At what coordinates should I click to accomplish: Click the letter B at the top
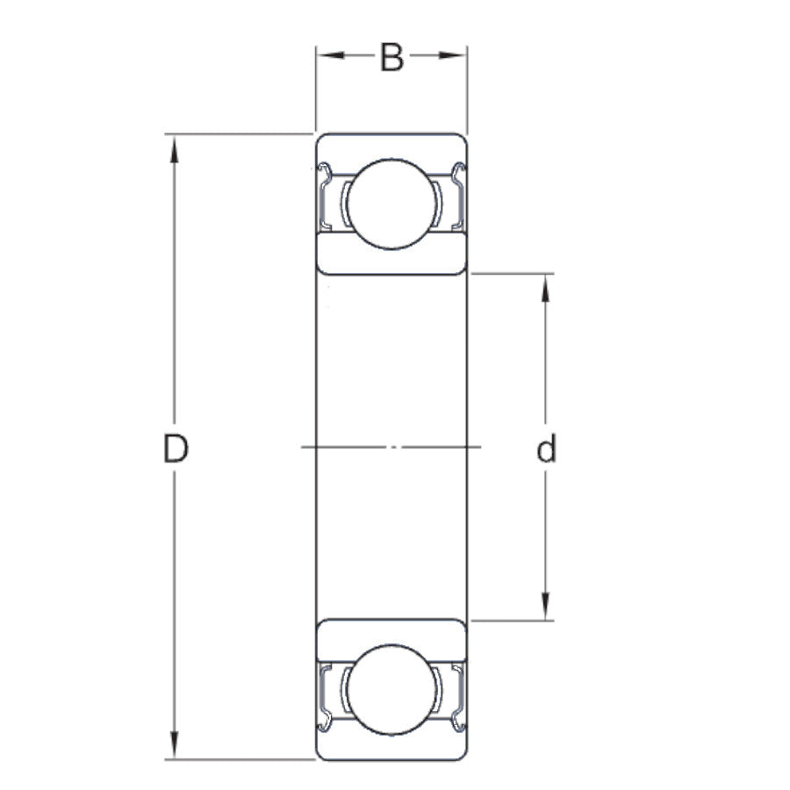(x=391, y=58)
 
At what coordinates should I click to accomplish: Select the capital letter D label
(x=176, y=449)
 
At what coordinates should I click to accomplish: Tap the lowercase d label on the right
(x=546, y=449)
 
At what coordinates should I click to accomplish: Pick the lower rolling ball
(x=391, y=689)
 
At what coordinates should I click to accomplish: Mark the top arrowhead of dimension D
(x=175, y=147)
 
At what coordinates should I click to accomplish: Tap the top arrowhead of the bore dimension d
(x=546, y=286)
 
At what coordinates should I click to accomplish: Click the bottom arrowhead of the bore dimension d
(x=546, y=607)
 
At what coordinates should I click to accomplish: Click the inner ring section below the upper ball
(x=391, y=256)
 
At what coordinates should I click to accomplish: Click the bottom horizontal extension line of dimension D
(x=237, y=759)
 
